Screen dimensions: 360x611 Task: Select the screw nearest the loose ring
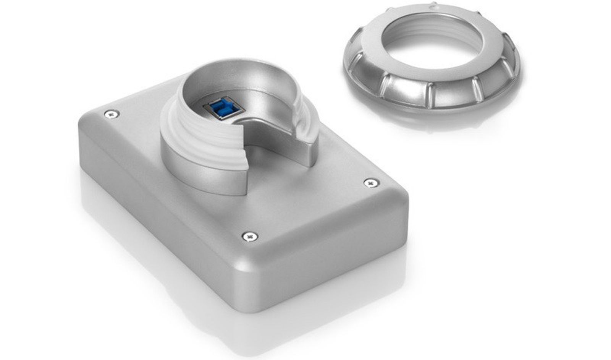click(371, 183)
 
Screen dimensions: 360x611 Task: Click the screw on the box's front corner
click(250, 237)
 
